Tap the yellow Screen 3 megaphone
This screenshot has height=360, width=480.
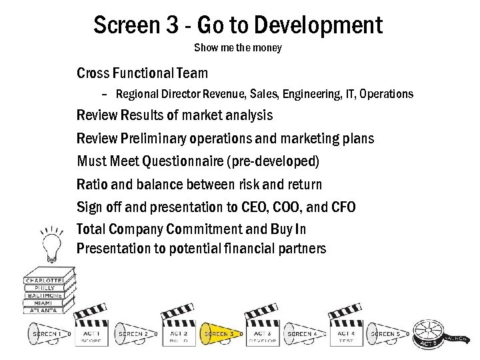(217, 333)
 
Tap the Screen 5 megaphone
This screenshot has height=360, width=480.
(385, 333)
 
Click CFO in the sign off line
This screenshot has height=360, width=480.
(343, 207)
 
